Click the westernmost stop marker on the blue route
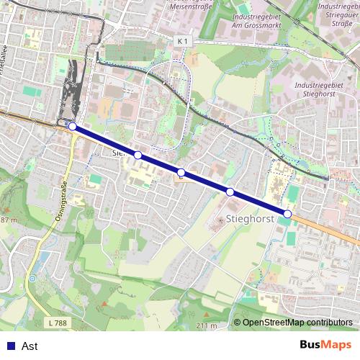[72, 126]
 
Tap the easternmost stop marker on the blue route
[287, 214]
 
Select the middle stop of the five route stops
[181, 172]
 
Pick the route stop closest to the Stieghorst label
[230, 192]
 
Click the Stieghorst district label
[251, 216]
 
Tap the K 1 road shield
[184, 42]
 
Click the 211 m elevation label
[207, 326]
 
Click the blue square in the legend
[9, 346]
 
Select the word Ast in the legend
[30, 346]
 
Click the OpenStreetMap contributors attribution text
[297, 323]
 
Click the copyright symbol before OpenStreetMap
[237, 323]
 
